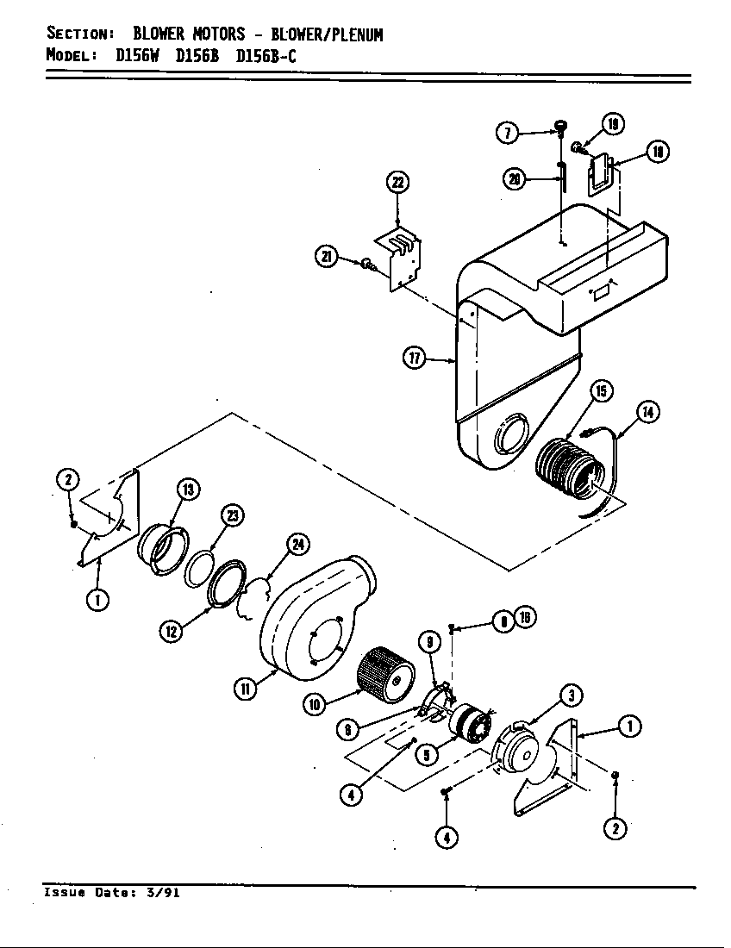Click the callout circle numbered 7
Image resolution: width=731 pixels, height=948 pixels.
[508, 132]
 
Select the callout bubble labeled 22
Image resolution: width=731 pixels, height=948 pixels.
[397, 183]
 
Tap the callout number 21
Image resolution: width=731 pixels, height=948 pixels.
[327, 257]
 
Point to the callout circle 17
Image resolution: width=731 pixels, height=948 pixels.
[415, 359]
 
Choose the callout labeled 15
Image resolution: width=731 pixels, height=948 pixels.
[601, 391]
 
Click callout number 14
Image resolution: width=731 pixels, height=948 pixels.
[648, 412]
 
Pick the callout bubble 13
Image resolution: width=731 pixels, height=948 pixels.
[188, 490]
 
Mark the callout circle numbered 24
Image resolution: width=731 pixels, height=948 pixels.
[298, 544]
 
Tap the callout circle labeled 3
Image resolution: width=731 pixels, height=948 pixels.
[571, 694]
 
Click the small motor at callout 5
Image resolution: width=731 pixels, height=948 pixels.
[470, 722]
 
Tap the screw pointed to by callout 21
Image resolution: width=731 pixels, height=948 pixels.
[367, 264]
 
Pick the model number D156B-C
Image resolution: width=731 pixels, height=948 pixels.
[266, 57]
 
